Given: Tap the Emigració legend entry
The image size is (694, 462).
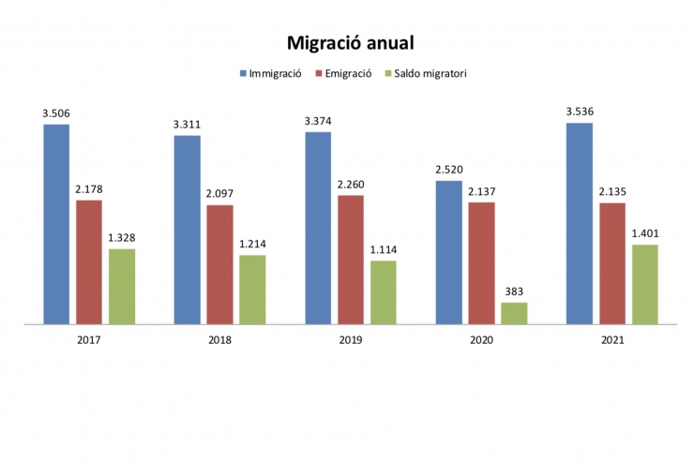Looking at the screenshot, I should (347, 72).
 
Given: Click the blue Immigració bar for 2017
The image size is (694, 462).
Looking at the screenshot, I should (56, 224).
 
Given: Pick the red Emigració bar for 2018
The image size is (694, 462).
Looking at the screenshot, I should (219, 264).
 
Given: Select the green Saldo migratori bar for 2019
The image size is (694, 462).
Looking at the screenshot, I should (383, 292).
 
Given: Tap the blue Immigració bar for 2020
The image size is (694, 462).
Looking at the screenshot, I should (449, 252).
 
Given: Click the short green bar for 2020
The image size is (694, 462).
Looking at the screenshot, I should (514, 313).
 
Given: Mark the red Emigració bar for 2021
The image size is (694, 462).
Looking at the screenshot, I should (612, 263).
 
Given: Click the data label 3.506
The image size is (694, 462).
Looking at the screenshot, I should (56, 113).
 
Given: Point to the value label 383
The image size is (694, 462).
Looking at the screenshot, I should (514, 291).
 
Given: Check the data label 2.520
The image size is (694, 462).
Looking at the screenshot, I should (449, 170).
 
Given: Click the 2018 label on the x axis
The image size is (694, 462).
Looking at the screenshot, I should (219, 339).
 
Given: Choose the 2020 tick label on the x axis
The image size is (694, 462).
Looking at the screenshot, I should (481, 339).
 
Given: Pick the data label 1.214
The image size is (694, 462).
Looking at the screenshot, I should (252, 245).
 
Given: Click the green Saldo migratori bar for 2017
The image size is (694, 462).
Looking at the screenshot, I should (122, 287).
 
